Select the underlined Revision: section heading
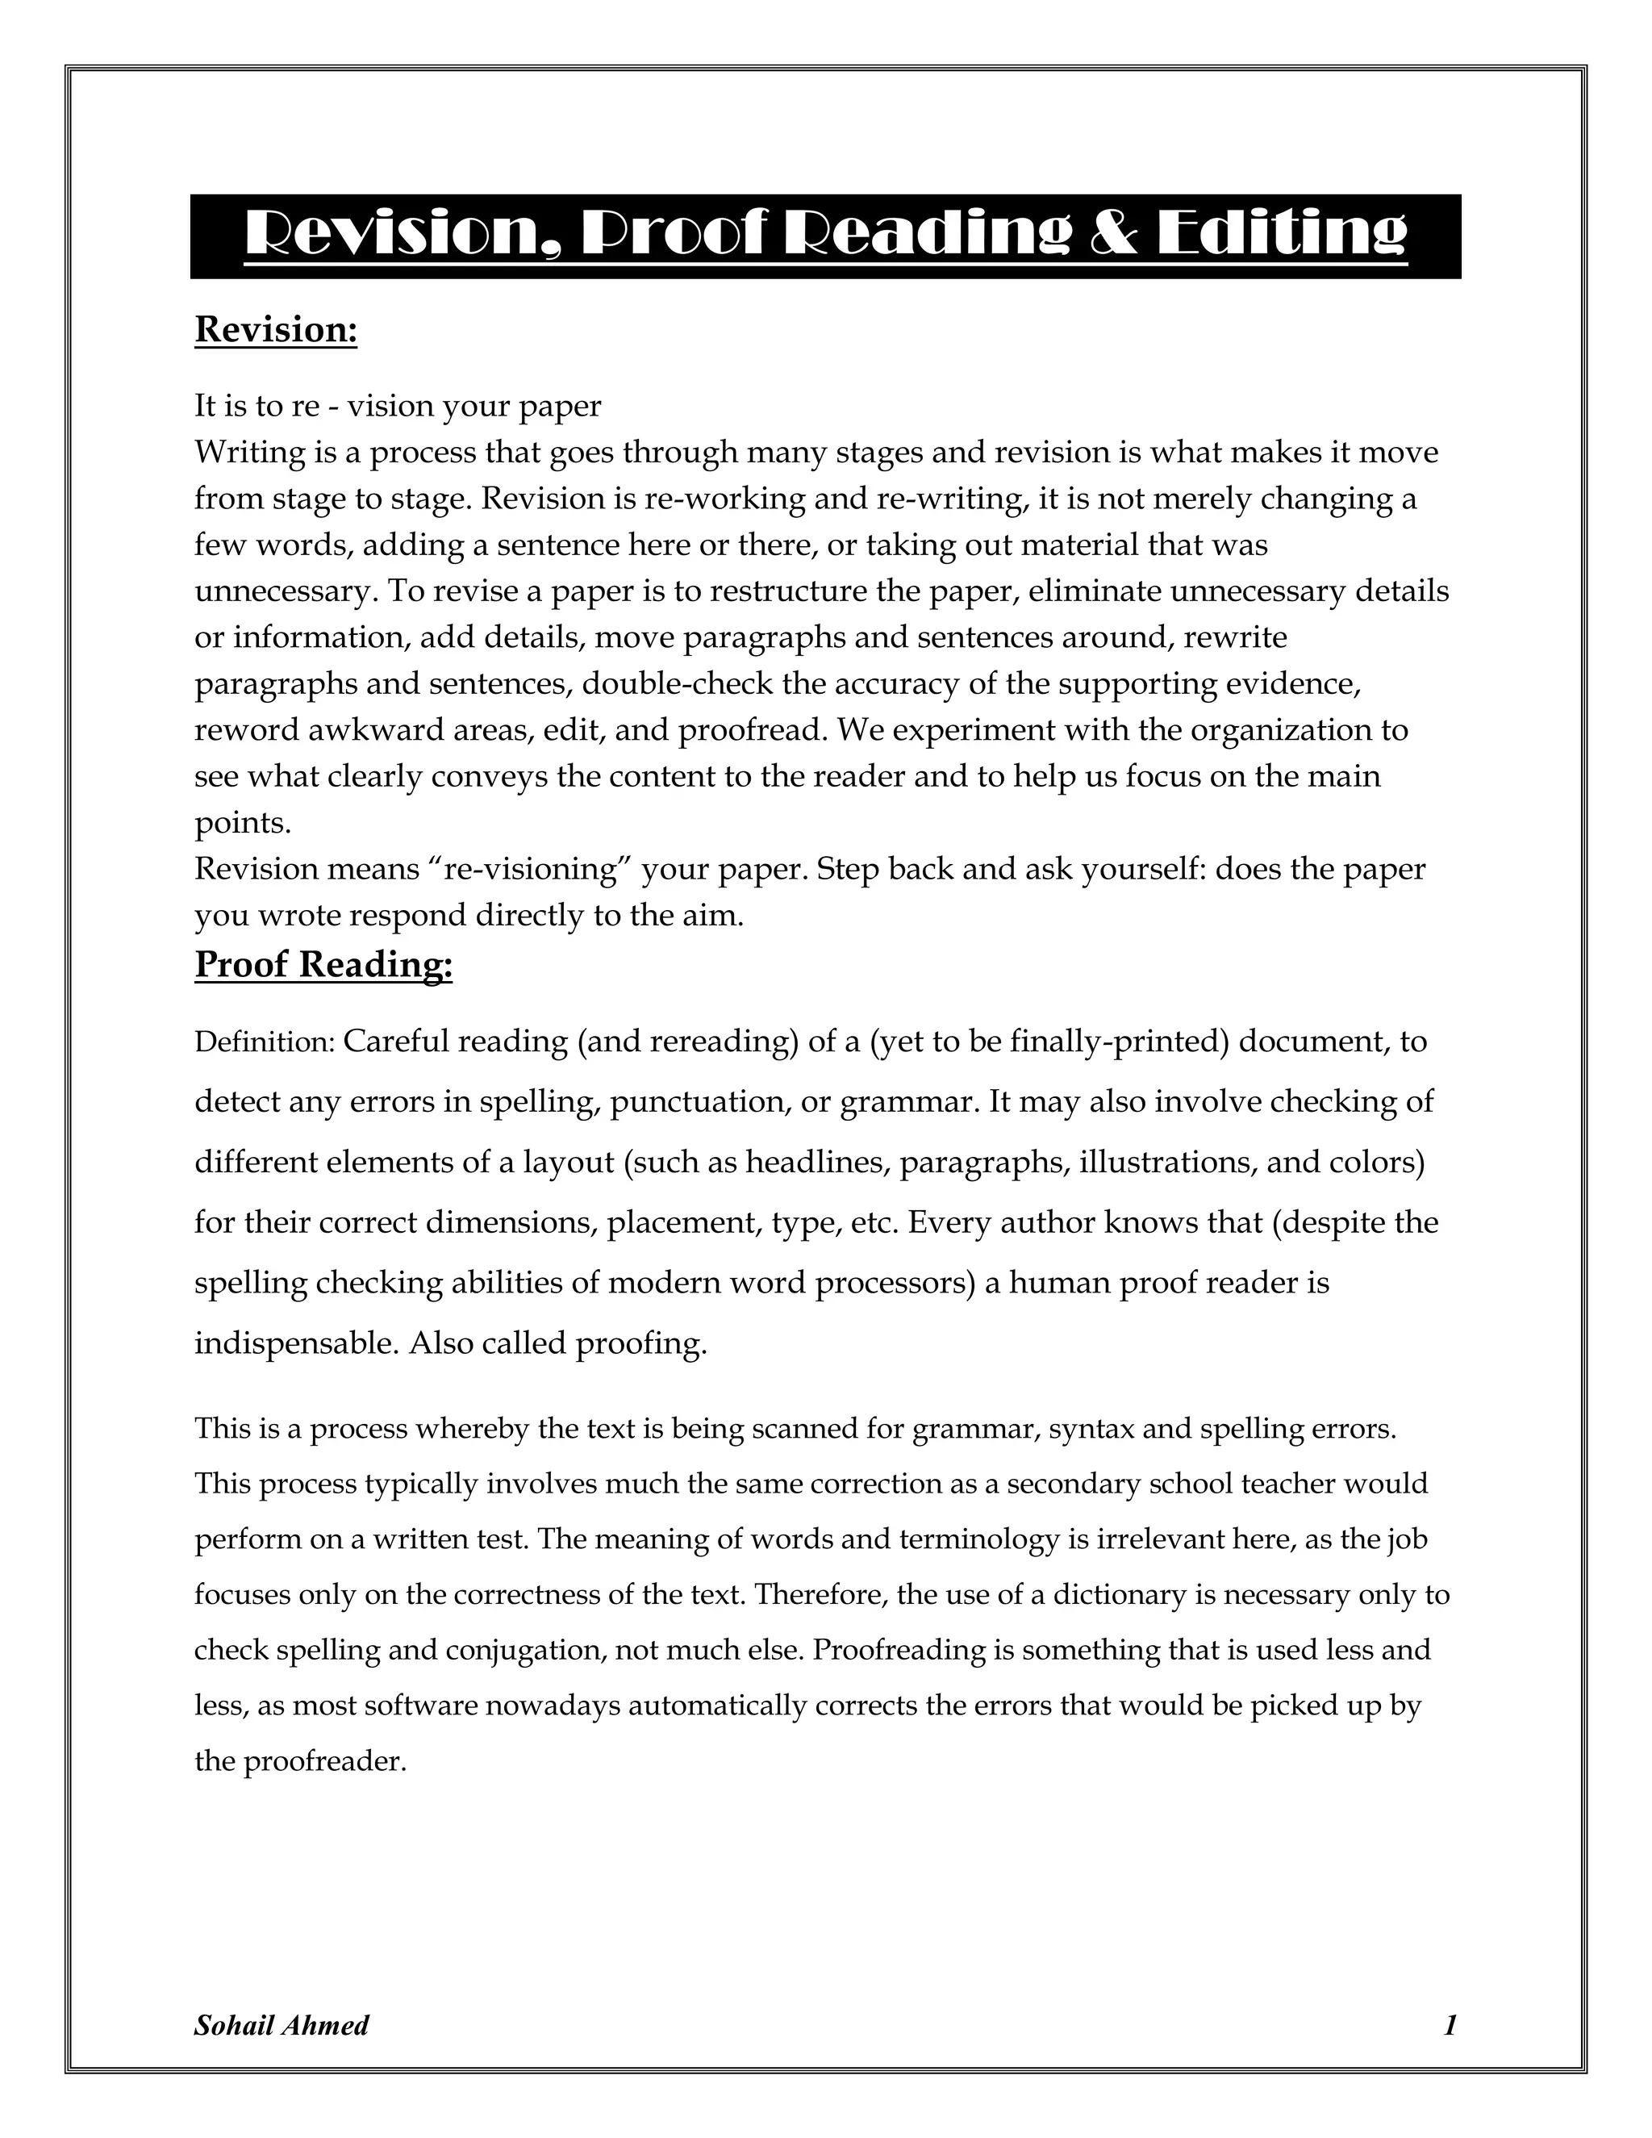click(276, 330)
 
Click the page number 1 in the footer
click(1450, 2025)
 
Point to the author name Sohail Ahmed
click(281, 2025)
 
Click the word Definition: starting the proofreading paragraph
click(265, 1042)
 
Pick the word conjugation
click(528, 1651)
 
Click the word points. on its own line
click(243, 823)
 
